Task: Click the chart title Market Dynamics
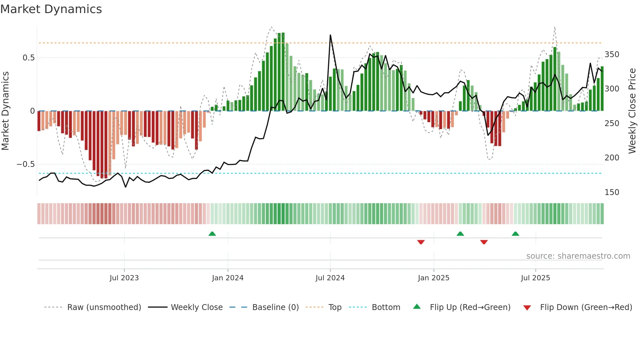pyautogui.click(x=51, y=9)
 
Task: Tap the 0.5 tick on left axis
pyautogui.click(x=28, y=58)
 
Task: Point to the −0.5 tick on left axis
pyautogui.click(x=26, y=164)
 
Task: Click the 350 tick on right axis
pyautogui.click(x=612, y=55)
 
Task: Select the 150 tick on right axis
pyautogui.click(x=612, y=192)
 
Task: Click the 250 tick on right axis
pyautogui.click(x=612, y=123)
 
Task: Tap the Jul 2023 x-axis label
pyautogui.click(x=124, y=278)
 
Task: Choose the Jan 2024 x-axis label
pyautogui.click(x=228, y=278)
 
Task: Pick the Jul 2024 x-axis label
pyautogui.click(x=330, y=278)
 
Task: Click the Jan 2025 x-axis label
pyautogui.click(x=434, y=278)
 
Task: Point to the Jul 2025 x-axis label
pyautogui.click(x=536, y=278)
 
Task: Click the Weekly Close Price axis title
pyautogui.click(x=632, y=111)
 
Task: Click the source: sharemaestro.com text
pyautogui.click(x=578, y=256)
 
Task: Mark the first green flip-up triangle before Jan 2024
pyautogui.click(x=212, y=234)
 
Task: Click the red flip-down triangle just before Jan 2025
pyautogui.click(x=421, y=242)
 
